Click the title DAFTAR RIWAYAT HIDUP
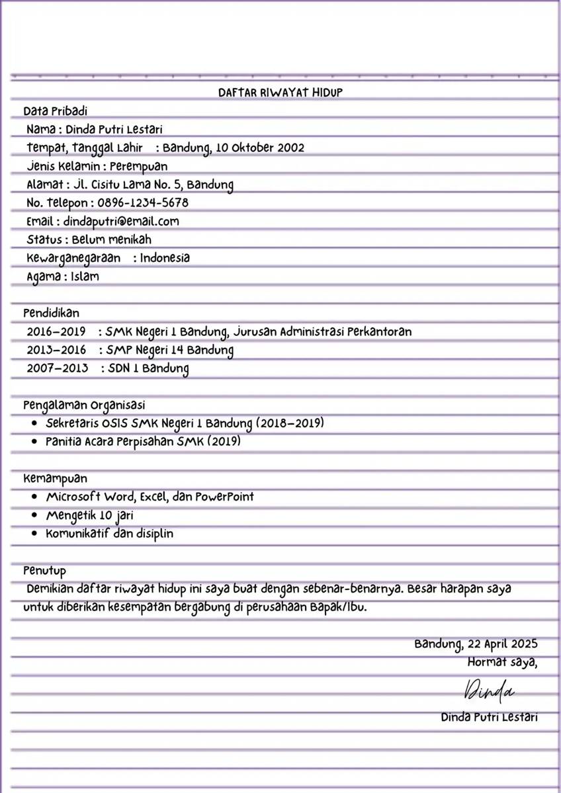pos(280,93)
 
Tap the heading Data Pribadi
pos(55,111)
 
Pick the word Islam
pos(85,276)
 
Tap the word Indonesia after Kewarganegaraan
pos(164,258)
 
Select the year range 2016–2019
pos(56,331)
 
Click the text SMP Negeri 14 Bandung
pos(169,350)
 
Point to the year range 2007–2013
pos(58,368)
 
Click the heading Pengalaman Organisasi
pos(84,405)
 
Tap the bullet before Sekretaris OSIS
pos(35,423)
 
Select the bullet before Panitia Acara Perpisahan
pos(35,441)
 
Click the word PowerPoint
pos(224,497)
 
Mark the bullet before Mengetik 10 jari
pos(35,515)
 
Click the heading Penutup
pos(44,570)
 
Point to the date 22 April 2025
pos(502,644)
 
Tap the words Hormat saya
pos(502,661)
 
